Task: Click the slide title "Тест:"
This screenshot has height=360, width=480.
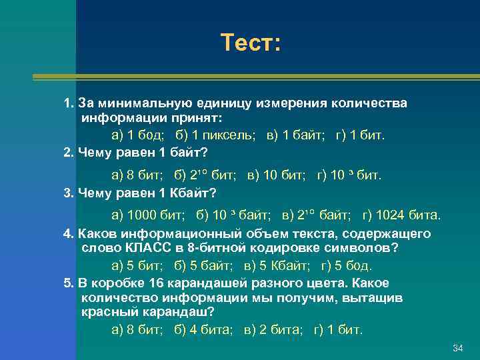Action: (252, 43)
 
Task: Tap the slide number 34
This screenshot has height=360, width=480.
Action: (457, 349)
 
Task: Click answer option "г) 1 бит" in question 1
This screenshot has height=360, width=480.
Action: (360, 135)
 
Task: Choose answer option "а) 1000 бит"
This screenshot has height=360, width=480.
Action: (148, 215)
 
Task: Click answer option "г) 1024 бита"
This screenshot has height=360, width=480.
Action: (401, 215)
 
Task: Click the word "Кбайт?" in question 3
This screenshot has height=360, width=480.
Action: (195, 193)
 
